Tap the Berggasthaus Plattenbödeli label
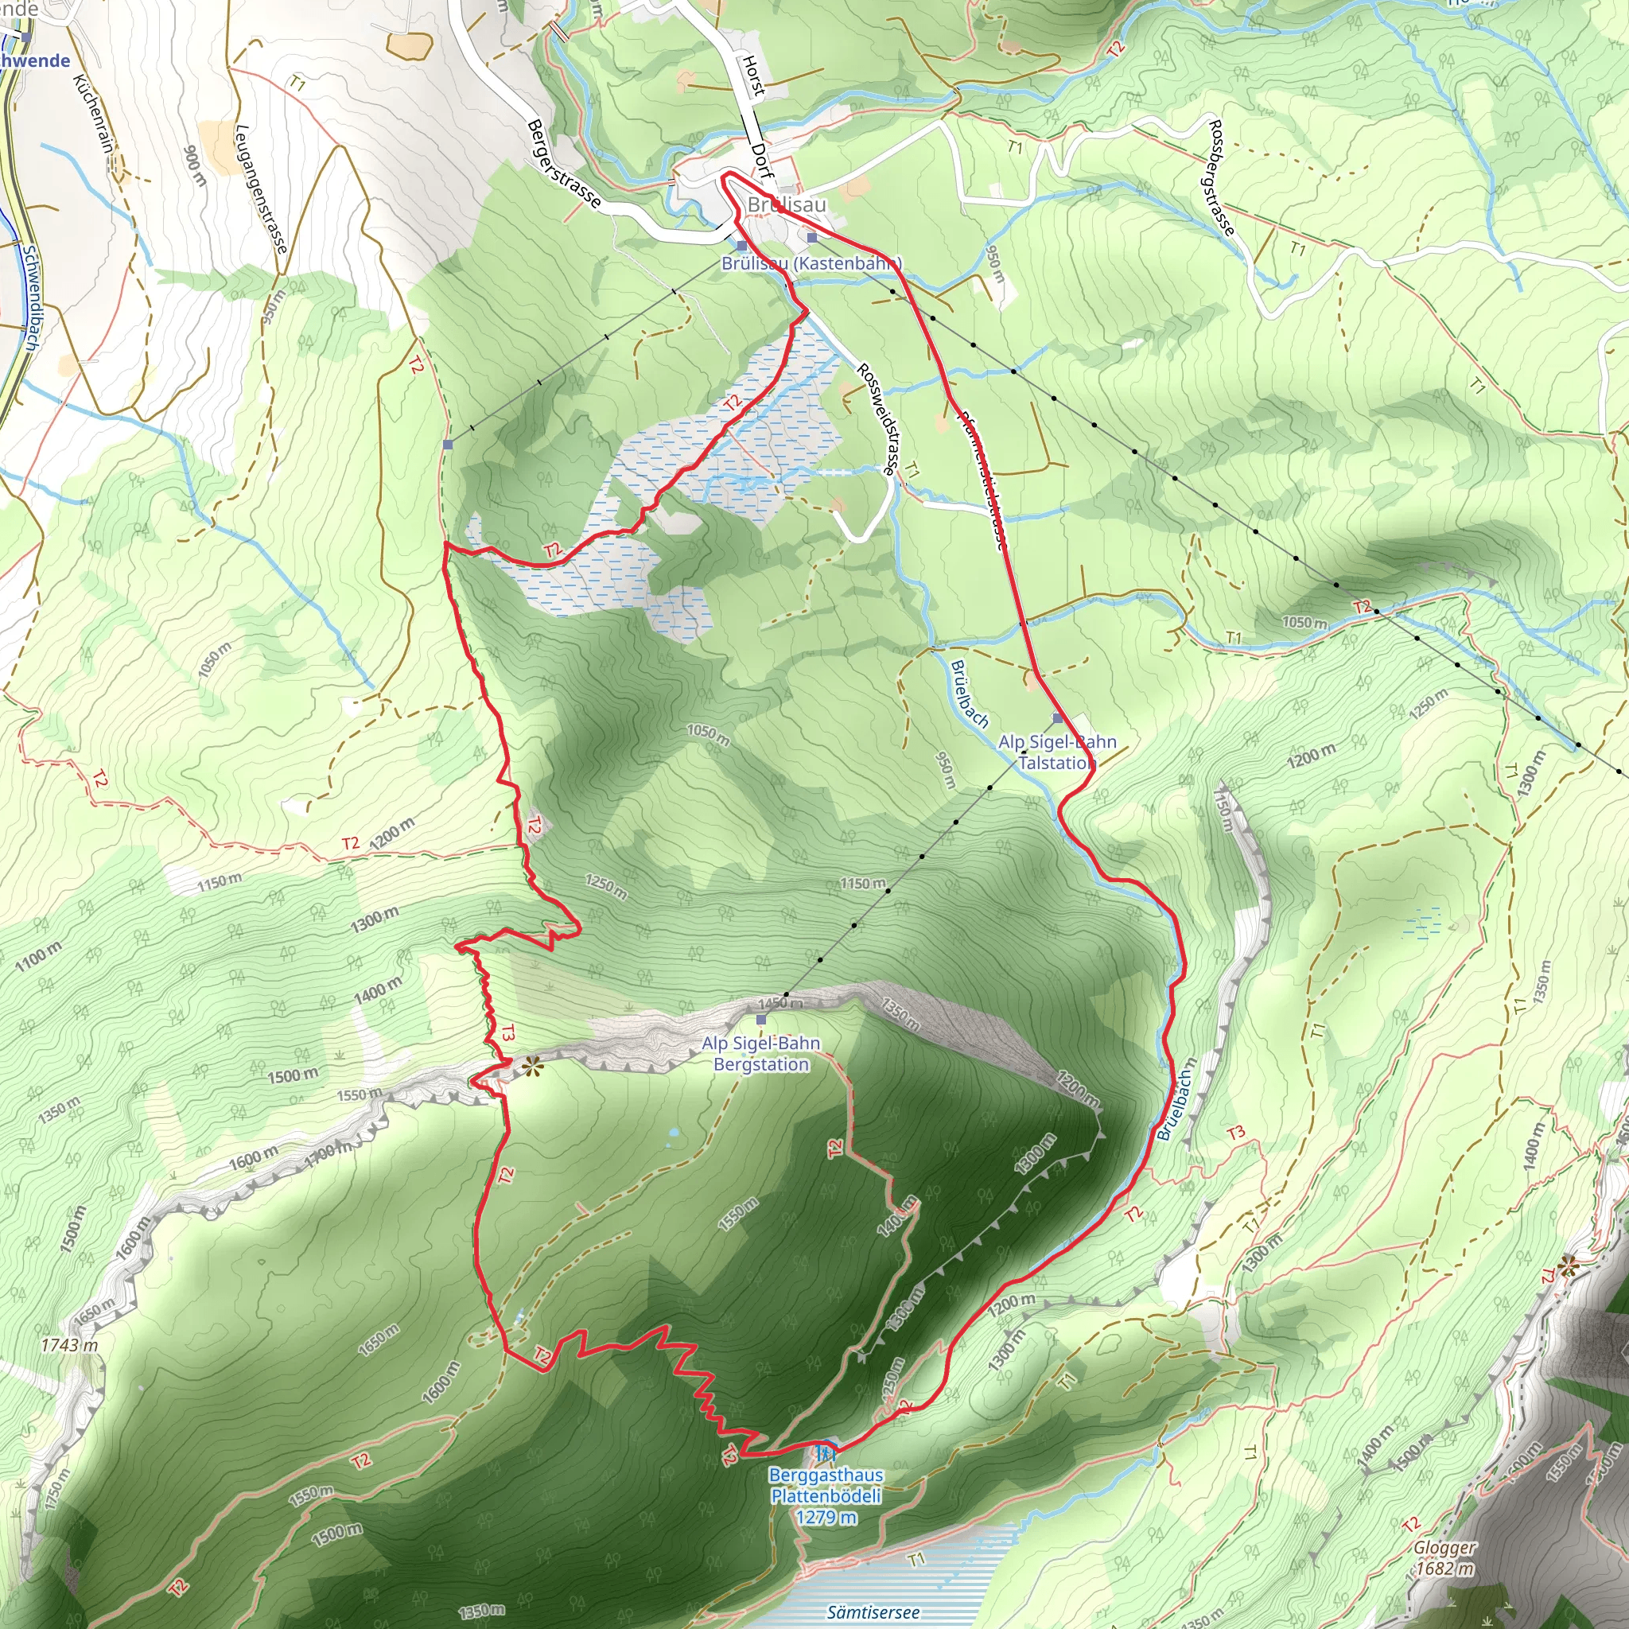(x=826, y=1496)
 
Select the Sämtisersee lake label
(x=873, y=1612)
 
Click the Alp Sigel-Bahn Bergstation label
(x=760, y=1054)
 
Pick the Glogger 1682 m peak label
(x=1445, y=1558)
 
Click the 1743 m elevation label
(x=69, y=1345)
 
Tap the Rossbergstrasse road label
(x=1220, y=178)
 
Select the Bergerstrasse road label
(x=563, y=164)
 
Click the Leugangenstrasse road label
(x=261, y=188)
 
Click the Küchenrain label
(x=93, y=114)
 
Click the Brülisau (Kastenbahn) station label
(x=811, y=263)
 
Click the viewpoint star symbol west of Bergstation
(x=531, y=1068)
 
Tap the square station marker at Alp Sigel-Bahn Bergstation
(x=761, y=1021)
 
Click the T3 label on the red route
(x=507, y=1032)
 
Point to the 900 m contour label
(x=195, y=165)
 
